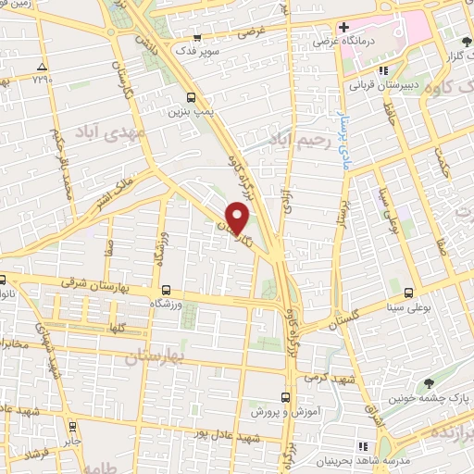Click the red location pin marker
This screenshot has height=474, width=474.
tap(239, 217)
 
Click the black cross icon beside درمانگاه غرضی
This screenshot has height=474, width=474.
tap(343, 28)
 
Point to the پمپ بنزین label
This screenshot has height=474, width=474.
tap(185, 111)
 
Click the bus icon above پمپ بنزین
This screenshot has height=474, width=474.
tap(191, 96)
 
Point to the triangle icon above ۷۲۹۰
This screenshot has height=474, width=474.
tap(41, 68)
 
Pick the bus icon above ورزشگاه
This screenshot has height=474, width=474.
tap(166, 289)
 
